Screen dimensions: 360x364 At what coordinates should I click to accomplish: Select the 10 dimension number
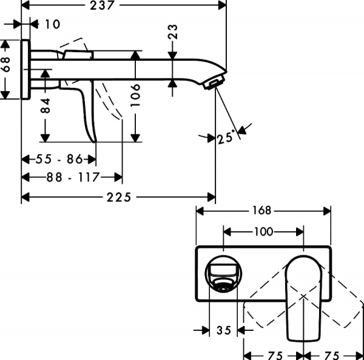53,24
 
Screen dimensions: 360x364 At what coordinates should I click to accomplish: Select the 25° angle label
225,138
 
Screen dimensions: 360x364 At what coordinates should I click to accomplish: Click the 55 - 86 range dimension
58,160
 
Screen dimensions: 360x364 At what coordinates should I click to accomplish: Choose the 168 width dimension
263,211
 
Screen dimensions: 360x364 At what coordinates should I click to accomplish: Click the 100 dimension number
263,231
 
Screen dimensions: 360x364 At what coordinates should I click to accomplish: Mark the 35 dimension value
223,330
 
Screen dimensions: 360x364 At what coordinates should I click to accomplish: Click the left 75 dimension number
274,353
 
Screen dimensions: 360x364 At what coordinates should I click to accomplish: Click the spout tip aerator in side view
213,82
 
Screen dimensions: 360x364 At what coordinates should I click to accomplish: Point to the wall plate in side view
25,69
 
